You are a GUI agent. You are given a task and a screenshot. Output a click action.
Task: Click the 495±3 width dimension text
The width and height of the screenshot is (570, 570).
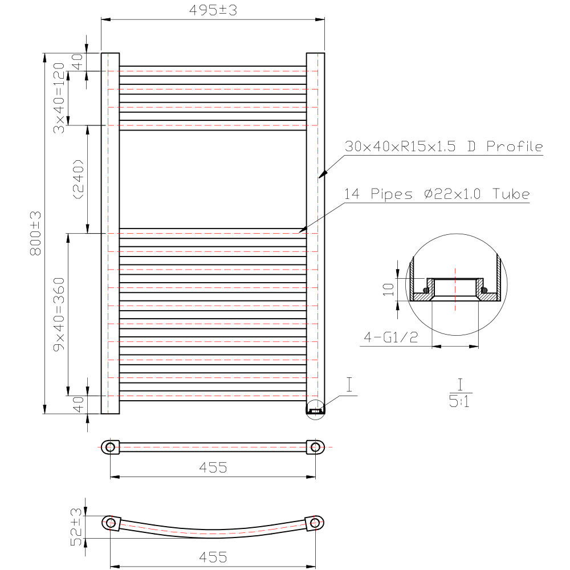coord(213,11)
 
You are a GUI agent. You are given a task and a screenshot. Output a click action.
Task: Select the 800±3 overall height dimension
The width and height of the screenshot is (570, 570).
coord(35,233)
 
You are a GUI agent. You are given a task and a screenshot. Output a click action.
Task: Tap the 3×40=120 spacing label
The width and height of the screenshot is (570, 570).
coord(59,97)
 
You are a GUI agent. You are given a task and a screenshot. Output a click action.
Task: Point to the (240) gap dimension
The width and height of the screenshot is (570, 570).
coord(78,179)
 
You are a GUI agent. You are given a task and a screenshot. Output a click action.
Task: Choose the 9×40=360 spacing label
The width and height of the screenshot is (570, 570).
coord(59,315)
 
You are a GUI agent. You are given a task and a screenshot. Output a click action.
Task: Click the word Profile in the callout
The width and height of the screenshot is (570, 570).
coord(514,146)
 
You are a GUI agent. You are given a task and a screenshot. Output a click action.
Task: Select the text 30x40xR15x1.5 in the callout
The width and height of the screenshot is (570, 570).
coord(401,146)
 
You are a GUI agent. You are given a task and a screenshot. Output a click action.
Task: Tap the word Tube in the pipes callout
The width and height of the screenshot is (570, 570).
coord(511,194)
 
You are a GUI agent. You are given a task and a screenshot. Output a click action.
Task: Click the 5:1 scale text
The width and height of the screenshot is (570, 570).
coord(459,402)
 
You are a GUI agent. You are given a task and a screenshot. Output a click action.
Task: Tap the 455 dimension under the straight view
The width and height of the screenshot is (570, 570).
coord(213,467)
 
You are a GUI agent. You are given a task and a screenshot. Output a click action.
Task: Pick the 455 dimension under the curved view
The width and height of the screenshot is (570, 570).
coord(213,556)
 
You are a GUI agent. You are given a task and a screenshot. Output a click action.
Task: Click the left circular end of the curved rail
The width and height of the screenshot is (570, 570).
coord(111,523)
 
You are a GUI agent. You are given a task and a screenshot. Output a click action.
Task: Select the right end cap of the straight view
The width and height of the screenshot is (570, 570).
coord(315,447)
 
